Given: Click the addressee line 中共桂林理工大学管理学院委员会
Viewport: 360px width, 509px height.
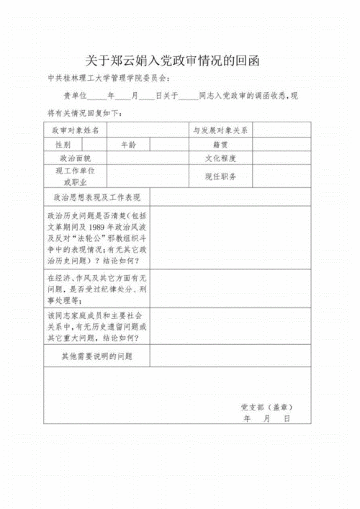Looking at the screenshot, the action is (109, 79).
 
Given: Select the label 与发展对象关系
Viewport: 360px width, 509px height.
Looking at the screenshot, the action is (220, 130).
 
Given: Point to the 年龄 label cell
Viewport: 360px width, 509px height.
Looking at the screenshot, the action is (128, 145).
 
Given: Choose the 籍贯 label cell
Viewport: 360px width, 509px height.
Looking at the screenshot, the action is (220, 145).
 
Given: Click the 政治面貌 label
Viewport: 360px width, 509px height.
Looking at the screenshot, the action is (76, 158).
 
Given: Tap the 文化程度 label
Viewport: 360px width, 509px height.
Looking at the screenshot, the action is (220, 158).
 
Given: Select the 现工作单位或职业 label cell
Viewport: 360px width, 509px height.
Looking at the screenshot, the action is (76, 176).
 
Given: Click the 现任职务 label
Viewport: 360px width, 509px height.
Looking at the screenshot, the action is (220, 176).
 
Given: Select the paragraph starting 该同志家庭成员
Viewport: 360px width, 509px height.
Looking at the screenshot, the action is (97, 326).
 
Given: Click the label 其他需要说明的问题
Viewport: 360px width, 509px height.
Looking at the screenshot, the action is (97, 356).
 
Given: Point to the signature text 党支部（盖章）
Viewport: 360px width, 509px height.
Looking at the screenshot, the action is (266, 407).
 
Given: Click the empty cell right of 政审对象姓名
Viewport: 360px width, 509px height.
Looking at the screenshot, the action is (148, 130).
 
